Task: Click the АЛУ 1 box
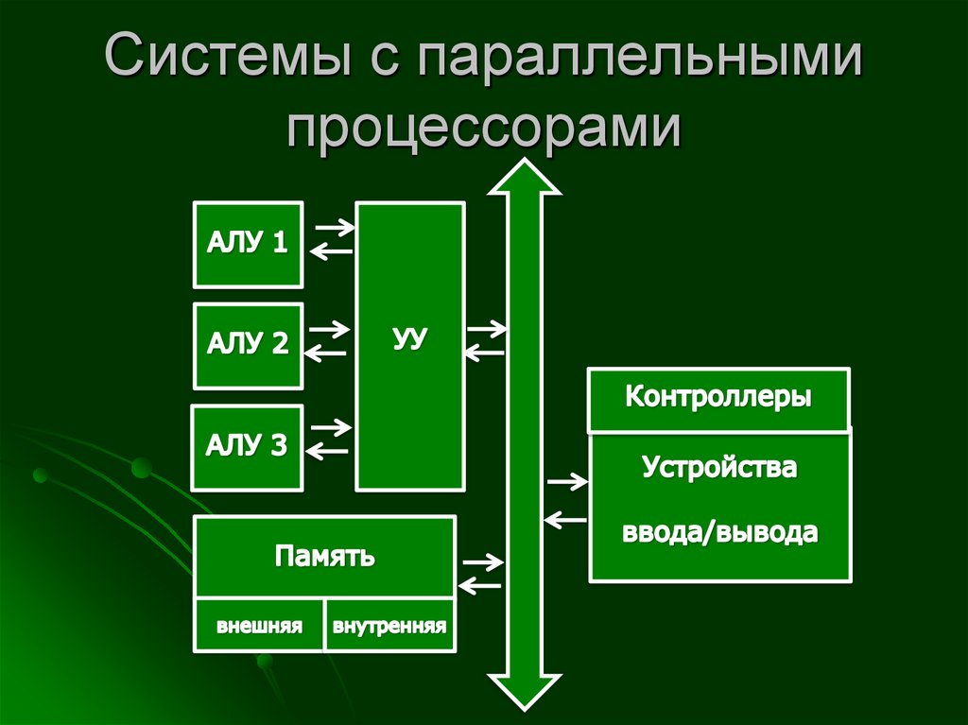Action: pyautogui.click(x=248, y=244)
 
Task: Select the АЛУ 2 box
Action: pyautogui.click(x=248, y=346)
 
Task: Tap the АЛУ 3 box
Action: pyautogui.click(x=247, y=447)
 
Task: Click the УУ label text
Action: pyautogui.click(x=410, y=339)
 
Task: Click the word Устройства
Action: pyautogui.click(x=720, y=467)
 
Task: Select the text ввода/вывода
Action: pyautogui.click(x=720, y=532)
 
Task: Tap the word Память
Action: pyautogui.click(x=325, y=556)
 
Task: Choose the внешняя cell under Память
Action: pyautogui.click(x=259, y=626)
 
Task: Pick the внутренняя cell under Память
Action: pyautogui.click(x=389, y=626)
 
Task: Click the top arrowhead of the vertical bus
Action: pyautogui.click(x=524, y=179)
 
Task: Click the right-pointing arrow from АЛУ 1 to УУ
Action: pyautogui.click(x=334, y=227)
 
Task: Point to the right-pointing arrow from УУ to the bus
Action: pyautogui.click(x=486, y=330)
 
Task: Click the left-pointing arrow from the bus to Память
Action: pyautogui.click(x=478, y=586)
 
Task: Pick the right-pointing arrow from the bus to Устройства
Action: pyautogui.click(x=567, y=482)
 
